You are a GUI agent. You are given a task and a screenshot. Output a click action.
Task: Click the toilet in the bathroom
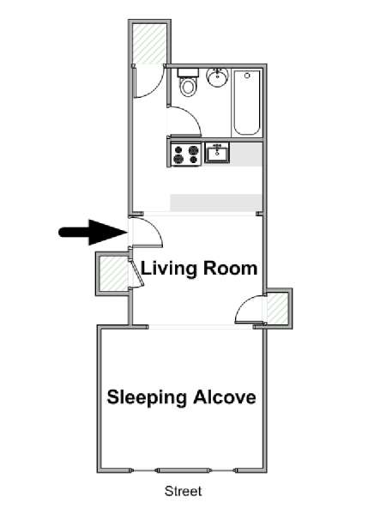188,82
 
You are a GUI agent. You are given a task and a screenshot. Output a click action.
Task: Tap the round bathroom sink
217,77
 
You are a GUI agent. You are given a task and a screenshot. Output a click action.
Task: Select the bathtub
247,102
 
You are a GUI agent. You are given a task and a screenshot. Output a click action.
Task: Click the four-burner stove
186,154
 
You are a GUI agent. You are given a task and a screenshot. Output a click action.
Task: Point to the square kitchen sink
217,153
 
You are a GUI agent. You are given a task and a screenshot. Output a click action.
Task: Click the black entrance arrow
93,233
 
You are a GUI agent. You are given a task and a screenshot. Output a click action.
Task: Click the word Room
230,269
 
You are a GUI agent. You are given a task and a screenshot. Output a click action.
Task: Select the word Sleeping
147,397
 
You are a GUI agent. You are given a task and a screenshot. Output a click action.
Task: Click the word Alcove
225,397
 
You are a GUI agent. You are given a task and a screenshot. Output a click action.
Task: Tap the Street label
184,491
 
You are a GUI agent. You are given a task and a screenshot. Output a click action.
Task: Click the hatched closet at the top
149,44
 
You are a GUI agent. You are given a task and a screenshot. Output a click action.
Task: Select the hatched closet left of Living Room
113,274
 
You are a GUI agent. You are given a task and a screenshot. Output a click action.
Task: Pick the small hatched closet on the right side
278,308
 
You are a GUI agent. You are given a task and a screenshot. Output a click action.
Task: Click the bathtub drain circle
247,76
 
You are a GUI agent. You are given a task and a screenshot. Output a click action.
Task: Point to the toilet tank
188,72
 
